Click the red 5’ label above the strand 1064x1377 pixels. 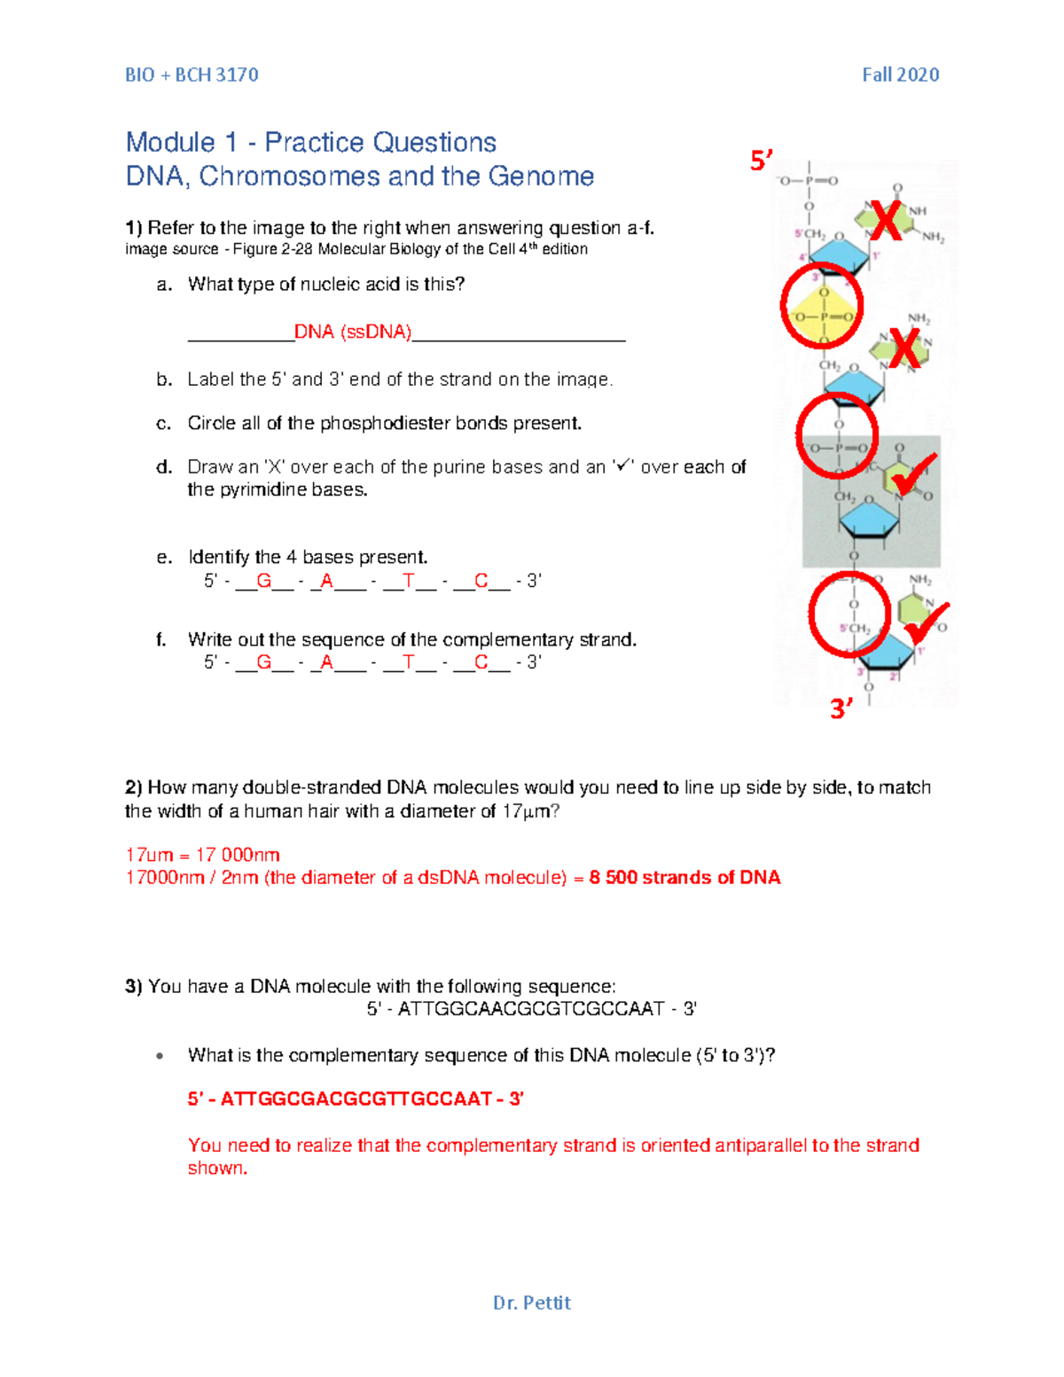click(x=761, y=160)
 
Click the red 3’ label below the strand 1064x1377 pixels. click(x=841, y=708)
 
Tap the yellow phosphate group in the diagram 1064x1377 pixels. click(x=823, y=316)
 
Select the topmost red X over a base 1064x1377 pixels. click(x=885, y=221)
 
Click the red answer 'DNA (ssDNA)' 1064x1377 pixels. click(x=353, y=332)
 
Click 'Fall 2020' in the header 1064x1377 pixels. click(x=900, y=74)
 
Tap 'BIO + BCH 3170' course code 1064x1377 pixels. click(x=192, y=74)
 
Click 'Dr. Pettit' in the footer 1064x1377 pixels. click(x=531, y=1303)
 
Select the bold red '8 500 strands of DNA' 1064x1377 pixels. click(x=685, y=877)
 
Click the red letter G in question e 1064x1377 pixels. click(x=263, y=581)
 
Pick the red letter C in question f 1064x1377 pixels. click(x=481, y=661)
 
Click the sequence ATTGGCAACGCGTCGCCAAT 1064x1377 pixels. click(x=531, y=1008)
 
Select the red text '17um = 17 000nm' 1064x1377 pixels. click(x=202, y=855)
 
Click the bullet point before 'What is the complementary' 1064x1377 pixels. click(x=160, y=1056)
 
